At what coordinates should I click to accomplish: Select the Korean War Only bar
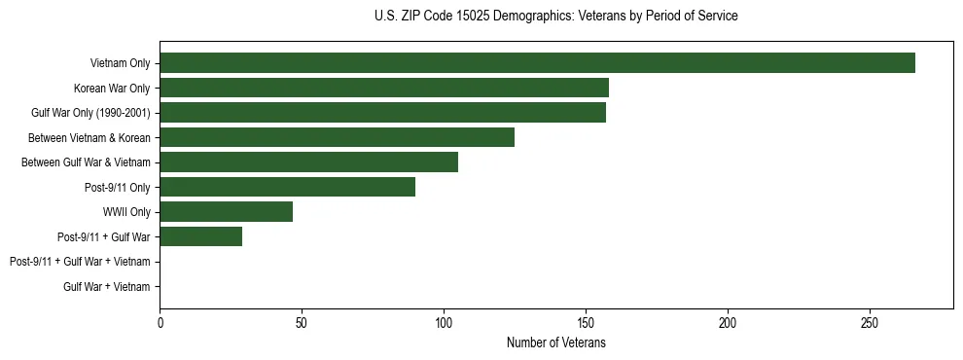pyautogui.click(x=384, y=88)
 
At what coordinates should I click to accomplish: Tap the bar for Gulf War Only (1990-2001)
pyautogui.click(x=382, y=113)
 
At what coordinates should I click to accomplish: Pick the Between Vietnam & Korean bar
pyautogui.click(x=337, y=137)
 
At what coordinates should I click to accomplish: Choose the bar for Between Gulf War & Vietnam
pyautogui.click(x=308, y=162)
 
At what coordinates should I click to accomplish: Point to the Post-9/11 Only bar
pyautogui.click(x=287, y=187)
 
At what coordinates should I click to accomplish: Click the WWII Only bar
pyautogui.click(x=226, y=212)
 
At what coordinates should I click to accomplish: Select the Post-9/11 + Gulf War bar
pyautogui.click(x=200, y=236)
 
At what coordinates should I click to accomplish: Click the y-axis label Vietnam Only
pyautogui.click(x=120, y=63)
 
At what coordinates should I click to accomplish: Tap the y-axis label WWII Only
pyautogui.click(x=126, y=212)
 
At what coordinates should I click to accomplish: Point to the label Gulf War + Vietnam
pyautogui.click(x=107, y=286)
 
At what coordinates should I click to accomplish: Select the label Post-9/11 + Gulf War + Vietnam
pyautogui.click(x=80, y=262)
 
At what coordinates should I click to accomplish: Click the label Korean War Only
pyautogui.click(x=112, y=88)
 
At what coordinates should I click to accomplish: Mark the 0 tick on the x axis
pyautogui.click(x=160, y=322)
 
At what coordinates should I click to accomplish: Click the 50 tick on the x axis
pyautogui.click(x=302, y=322)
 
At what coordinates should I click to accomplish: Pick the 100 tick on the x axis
pyautogui.click(x=444, y=322)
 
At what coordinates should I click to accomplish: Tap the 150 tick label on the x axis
pyautogui.click(x=586, y=322)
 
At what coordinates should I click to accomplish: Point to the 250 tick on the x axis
pyautogui.click(x=870, y=322)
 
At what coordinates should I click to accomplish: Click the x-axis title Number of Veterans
pyautogui.click(x=555, y=342)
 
